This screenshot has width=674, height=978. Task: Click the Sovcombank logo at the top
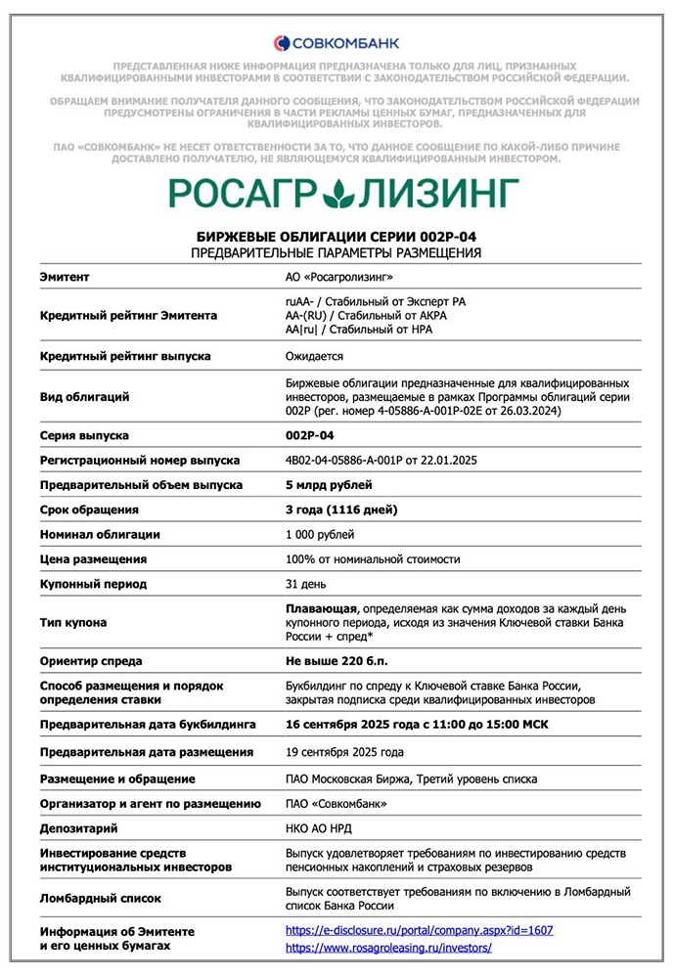click(337, 42)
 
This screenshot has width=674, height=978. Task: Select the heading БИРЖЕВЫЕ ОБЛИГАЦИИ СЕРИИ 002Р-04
click(337, 238)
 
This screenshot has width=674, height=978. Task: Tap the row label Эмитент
click(65, 277)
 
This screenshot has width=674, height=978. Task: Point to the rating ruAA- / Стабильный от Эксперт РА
click(376, 302)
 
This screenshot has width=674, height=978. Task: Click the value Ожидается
click(314, 356)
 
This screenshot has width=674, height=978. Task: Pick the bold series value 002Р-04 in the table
click(310, 435)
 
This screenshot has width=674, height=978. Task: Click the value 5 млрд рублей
click(329, 485)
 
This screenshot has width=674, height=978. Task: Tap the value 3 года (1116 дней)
click(341, 510)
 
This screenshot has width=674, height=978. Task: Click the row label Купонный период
click(93, 584)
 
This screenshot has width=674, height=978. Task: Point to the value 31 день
click(306, 584)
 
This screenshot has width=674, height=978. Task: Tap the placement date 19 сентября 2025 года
click(344, 752)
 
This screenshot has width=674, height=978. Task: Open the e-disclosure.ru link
click(419, 931)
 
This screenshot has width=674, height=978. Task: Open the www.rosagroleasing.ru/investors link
click(388, 948)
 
